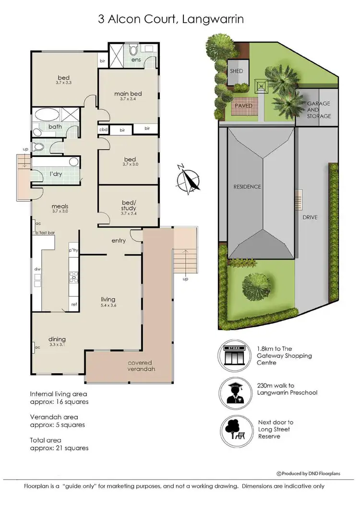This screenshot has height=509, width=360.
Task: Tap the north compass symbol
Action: (x=188, y=179)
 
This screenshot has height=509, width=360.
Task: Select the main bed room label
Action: (x=128, y=94)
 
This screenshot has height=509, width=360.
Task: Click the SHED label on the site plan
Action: (x=237, y=71)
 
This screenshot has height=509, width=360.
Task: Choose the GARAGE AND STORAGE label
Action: (x=319, y=110)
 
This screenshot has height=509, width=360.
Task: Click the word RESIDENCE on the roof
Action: (x=247, y=187)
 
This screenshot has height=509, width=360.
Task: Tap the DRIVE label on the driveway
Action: (x=311, y=217)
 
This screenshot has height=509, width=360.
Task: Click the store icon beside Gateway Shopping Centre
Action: (x=235, y=355)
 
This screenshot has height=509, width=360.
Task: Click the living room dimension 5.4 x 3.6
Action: (x=110, y=305)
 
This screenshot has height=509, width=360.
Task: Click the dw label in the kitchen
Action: (x=37, y=270)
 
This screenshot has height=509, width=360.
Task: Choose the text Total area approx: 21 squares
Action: (x=59, y=444)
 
